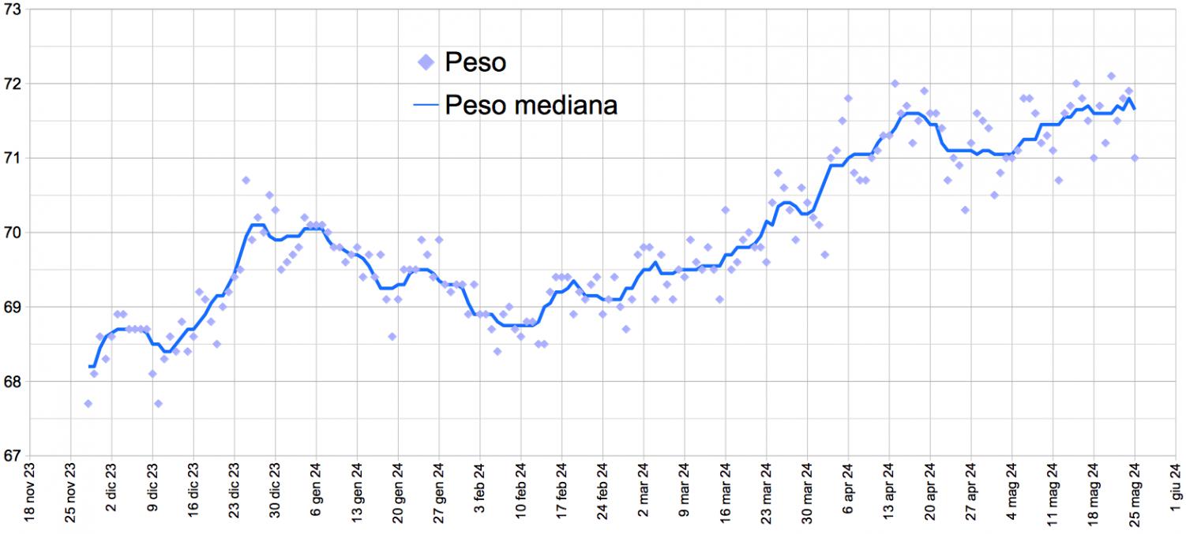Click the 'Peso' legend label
[475, 62]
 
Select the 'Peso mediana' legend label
[531, 104]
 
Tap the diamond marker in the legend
[426, 62]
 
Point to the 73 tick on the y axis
[14, 9]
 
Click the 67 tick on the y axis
[14, 456]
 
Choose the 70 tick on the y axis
[14, 233]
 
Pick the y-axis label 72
[14, 84]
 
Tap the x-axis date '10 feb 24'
[521, 489]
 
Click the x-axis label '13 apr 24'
[889, 489]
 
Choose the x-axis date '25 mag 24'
[1135, 489]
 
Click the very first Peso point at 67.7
[88, 404]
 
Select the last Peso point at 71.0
[1135, 158]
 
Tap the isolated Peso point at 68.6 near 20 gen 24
[392, 337]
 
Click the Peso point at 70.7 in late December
[246, 181]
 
